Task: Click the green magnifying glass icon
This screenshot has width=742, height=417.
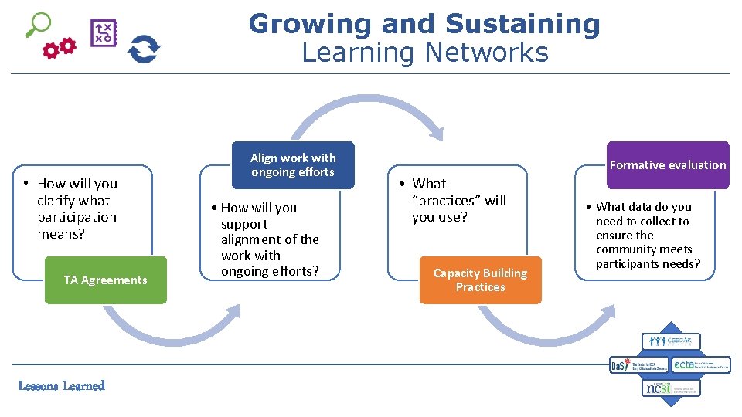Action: pyautogui.click(x=37, y=23)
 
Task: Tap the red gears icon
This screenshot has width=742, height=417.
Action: pyautogui.click(x=60, y=49)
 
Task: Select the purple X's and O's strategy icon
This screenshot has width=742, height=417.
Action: pyautogui.click(x=104, y=33)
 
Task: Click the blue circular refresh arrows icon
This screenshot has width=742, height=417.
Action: pyautogui.click(x=144, y=49)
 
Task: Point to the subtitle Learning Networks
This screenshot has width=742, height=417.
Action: pyautogui.click(x=424, y=53)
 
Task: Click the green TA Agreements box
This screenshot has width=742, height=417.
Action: pyautogui.click(x=105, y=280)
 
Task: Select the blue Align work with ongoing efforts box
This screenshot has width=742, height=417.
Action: pyautogui.click(x=293, y=165)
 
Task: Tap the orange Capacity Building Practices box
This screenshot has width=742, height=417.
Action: pyautogui.click(x=480, y=280)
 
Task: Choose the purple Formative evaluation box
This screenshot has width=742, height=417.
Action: pyautogui.click(x=668, y=165)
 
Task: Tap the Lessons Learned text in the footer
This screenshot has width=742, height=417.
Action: pyautogui.click(x=62, y=385)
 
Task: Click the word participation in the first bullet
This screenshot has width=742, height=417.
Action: pyautogui.click(x=77, y=217)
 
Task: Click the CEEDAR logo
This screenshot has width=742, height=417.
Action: pyautogui.click(x=671, y=341)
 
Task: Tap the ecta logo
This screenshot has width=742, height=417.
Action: pyautogui.click(x=700, y=364)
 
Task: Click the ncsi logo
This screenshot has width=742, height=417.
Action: pyautogui.click(x=671, y=388)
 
